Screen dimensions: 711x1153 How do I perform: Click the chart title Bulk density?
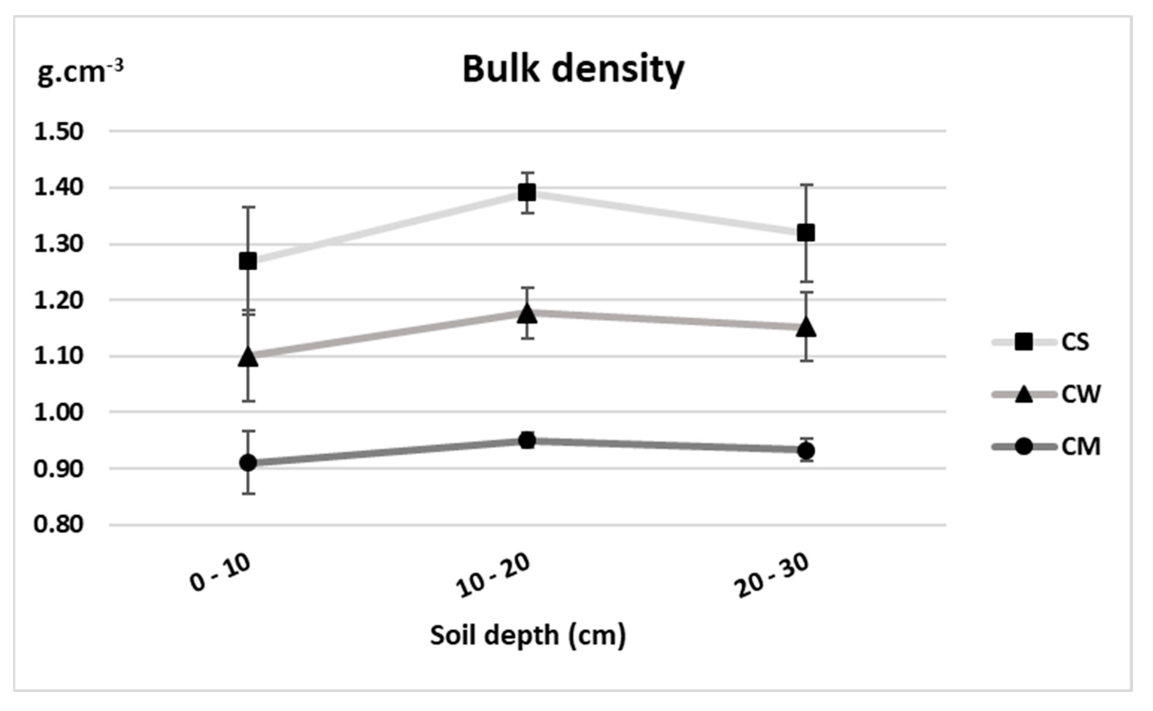573,70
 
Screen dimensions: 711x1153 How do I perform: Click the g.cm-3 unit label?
80,72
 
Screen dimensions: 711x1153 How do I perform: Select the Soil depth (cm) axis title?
527,636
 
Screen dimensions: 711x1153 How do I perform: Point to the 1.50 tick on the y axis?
59,132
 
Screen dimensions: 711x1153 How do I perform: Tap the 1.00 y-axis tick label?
59,413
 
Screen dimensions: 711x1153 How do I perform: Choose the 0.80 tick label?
59,524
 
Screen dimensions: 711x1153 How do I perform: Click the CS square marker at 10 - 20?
527,193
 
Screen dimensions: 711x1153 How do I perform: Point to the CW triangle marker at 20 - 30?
806,327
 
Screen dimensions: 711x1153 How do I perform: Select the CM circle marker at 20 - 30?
806,451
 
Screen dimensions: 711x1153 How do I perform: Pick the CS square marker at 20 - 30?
806,233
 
